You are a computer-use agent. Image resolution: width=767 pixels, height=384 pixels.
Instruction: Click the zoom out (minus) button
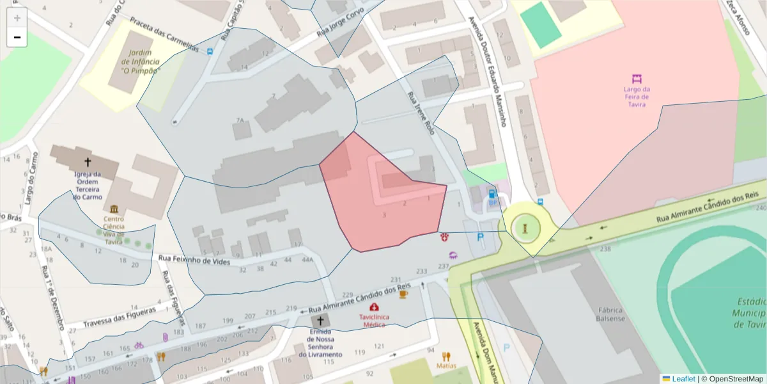[17, 37]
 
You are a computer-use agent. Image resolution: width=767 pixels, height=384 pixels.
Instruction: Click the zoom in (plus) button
[17, 17]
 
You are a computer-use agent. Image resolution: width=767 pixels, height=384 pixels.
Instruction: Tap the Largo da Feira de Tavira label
[637, 97]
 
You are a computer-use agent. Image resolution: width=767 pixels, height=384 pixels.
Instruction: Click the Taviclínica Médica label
[374, 320]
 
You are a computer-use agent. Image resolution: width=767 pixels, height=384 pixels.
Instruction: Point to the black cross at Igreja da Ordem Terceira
[87, 163]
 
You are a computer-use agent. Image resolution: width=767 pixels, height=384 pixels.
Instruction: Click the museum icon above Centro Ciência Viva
[114, 209]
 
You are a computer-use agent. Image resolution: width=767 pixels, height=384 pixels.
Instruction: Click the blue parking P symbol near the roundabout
[481, 237]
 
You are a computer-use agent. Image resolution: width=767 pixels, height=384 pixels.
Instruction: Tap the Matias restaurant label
[446, 365]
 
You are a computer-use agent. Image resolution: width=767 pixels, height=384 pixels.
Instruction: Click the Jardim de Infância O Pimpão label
[140, 61]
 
